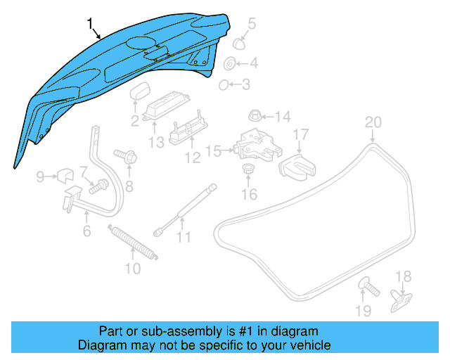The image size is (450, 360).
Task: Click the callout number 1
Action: [x=90, y=25]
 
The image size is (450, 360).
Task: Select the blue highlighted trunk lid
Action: [x=112, y=77]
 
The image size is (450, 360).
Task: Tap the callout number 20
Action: [x=373, y=122]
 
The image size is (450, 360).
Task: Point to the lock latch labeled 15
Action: [x=254, y=146]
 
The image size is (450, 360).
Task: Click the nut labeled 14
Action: [x=255, y=115]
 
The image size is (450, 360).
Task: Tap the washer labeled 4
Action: [x=230, y=65]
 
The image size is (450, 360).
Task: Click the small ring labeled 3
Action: [x=223, y=85]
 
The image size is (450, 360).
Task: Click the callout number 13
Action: [x=155, y=143]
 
